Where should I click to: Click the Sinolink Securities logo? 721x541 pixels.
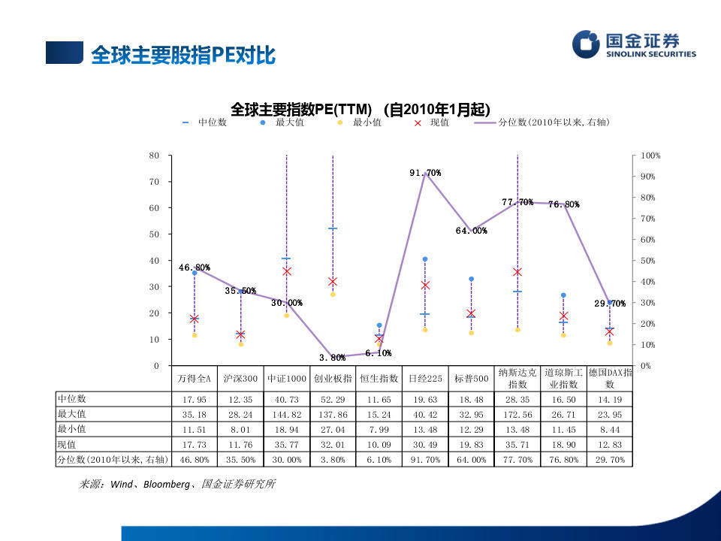[634, 44]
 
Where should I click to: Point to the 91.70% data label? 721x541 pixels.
[425, 173]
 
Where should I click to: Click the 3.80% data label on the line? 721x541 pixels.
[332, 358]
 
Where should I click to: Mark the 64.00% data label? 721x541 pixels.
[471, 231]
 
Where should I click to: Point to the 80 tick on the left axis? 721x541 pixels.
[155, 156]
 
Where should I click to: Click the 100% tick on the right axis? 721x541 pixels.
[650, 156]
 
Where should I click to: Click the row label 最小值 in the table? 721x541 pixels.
[72, 428]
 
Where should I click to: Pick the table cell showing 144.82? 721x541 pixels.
[286, 413]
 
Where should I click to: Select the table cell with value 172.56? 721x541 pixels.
[517, 413]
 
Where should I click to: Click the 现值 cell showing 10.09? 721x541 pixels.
[379, 444]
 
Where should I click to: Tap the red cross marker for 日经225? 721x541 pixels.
[425, 286]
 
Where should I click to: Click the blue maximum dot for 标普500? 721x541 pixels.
[471, 279]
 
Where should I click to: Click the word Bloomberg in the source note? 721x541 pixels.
[166, 485]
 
